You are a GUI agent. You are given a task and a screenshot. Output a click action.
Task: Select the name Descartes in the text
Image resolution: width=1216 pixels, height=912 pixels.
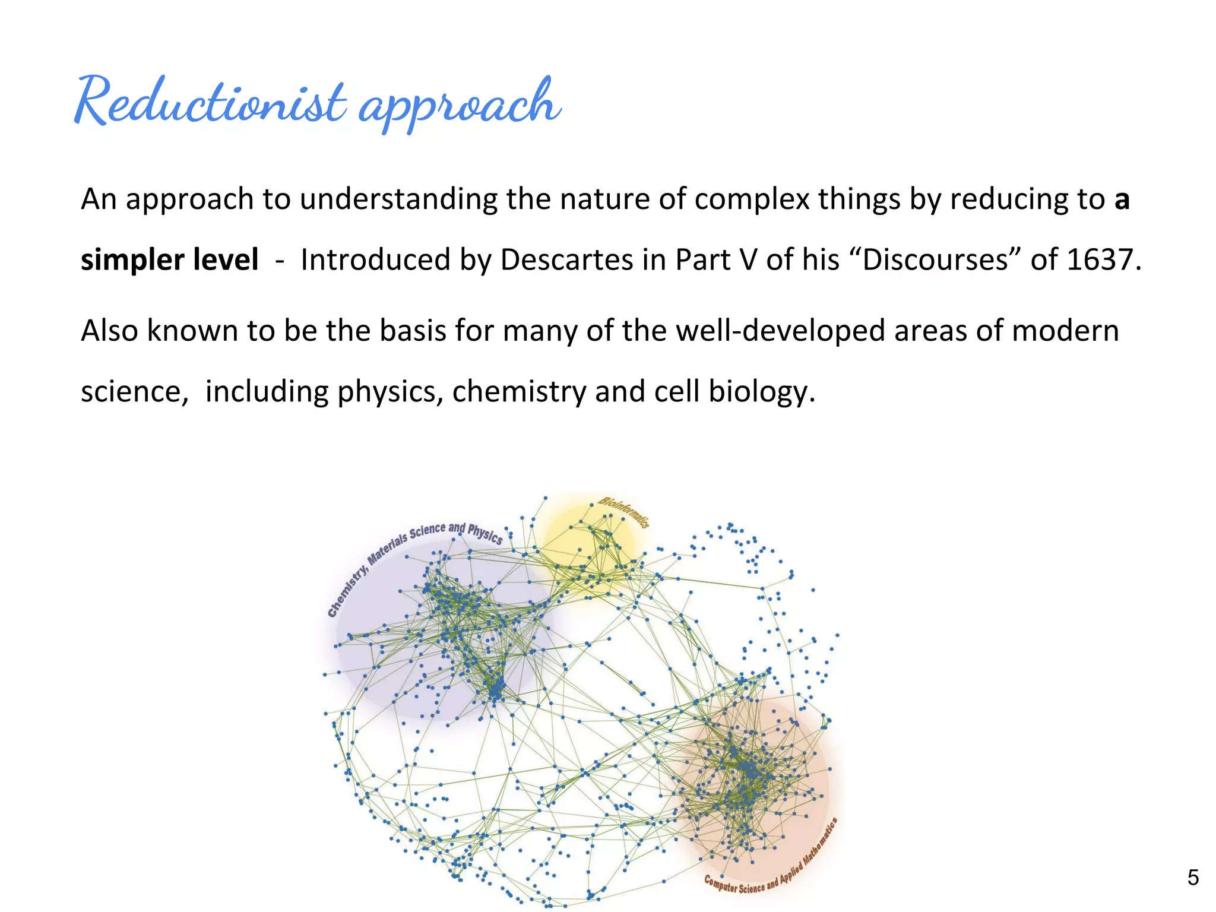click(566, 260)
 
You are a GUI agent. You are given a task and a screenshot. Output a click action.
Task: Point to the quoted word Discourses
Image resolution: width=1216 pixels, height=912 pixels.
click(935, 260)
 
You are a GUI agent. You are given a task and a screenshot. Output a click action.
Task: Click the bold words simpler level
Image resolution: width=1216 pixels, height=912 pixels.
click(170, 260)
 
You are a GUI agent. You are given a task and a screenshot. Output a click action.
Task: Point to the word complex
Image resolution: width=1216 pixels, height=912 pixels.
click(752, 199)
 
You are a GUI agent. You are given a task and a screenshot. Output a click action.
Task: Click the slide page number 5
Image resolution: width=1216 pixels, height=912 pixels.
click(1192, 878)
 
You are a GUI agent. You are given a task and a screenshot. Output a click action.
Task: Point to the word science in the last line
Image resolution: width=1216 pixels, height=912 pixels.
click(131, 392)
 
